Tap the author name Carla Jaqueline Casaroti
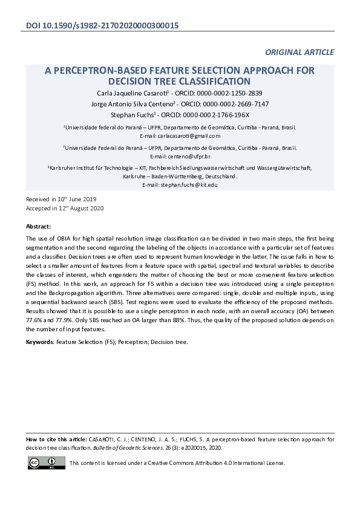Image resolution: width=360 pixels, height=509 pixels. [132, 93]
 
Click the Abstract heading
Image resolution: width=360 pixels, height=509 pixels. [38, 226]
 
